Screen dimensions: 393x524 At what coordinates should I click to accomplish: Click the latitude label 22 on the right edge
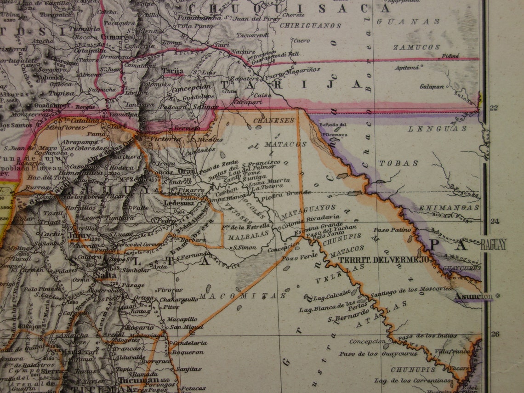coord(494,108)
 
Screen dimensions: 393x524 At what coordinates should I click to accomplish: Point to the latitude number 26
coord(494,334)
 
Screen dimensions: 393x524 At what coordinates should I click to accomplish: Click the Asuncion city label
coord(473,296)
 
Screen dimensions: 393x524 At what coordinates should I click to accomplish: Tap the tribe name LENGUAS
coord(437,129)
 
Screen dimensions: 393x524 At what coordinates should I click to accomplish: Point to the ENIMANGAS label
coord(449,208)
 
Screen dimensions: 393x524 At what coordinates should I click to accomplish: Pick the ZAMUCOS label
coord(416,47)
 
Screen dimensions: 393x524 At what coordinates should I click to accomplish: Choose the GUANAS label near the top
coord(408,22)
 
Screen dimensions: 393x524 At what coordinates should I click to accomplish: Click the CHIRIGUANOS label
coord(310,26)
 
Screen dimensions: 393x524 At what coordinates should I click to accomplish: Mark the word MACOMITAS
coord(242,296)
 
